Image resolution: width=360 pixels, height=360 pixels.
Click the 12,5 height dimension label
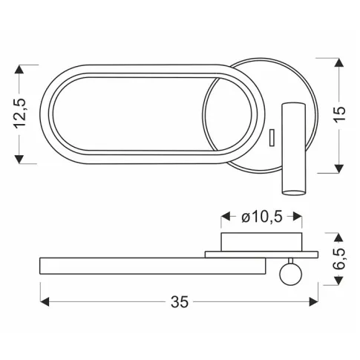point(20,114)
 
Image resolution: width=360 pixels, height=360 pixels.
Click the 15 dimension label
point(339,114)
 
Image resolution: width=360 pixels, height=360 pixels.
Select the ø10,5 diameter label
point(262,217)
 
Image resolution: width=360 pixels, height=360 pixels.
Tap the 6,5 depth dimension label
point(339,259)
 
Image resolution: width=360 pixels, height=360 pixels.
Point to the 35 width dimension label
point(180,302)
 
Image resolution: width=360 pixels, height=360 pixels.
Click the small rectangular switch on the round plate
point(272,137)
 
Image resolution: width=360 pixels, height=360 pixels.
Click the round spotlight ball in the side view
point(291,274)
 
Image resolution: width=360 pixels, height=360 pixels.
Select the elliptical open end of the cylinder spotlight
point(294,192)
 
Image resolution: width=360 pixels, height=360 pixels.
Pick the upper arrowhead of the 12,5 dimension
point(19,70)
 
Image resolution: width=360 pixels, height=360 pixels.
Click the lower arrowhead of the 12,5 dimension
point(19,159)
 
